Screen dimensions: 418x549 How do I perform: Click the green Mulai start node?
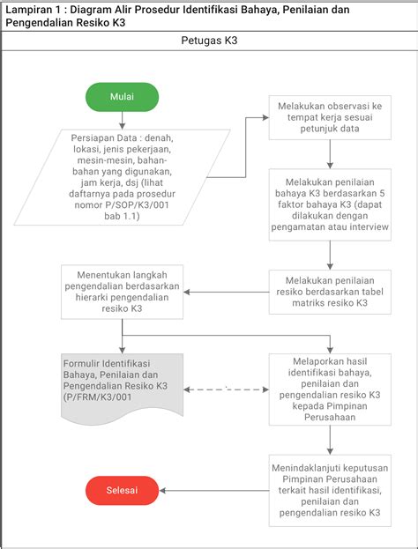point(122,97)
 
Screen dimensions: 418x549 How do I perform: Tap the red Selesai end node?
point(122,491)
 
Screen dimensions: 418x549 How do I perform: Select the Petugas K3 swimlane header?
point(209,41)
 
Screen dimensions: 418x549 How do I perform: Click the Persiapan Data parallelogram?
point(122,177)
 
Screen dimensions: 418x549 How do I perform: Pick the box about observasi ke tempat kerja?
point(330,118)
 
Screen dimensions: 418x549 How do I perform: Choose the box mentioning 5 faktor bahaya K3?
point(330,204)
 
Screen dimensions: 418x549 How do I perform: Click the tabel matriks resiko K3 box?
point(330,292)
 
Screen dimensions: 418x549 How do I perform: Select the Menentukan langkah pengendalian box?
point(122,292)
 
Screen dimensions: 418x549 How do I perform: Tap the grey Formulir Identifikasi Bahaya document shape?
point(122,388)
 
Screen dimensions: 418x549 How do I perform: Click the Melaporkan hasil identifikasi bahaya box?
point(330,389)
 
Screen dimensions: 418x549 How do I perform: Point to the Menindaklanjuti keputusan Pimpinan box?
point(330,491)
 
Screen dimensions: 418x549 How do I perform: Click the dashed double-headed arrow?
point(226,389)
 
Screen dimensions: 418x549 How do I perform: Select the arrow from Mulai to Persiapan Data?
point(122,121)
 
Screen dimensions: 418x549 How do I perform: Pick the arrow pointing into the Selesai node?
point(214,491)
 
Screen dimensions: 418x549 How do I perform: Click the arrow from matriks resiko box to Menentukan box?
point(226,292)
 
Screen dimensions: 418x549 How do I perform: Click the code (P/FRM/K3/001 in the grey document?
point(97,397)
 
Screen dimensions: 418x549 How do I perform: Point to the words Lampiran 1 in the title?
point(30,10)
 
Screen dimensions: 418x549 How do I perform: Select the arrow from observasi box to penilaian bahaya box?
point(330,154)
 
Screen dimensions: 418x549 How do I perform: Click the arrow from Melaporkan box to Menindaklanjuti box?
point(330,440)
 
